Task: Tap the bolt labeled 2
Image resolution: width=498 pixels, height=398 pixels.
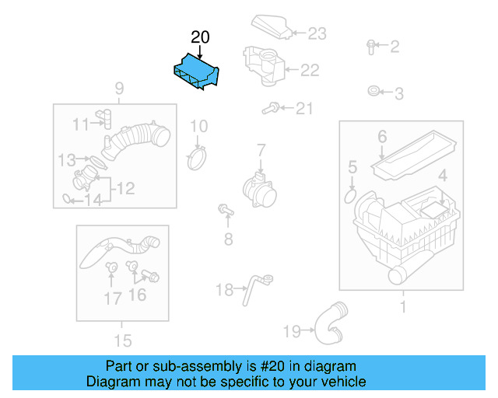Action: click(x=371, y=47)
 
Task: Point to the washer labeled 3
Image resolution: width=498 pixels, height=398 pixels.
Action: click(x=374, y=93)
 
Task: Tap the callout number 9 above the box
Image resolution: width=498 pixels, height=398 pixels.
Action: click(x=119, y=88)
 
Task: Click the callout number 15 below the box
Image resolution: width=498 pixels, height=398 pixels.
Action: click(x=122, y=340)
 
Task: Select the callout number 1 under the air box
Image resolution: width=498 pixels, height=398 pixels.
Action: click(x=402, y=307)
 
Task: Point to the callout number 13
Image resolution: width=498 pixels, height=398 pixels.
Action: click(x=67, y=160)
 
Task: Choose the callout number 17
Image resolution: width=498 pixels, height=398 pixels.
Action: click(x=113, y=297)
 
